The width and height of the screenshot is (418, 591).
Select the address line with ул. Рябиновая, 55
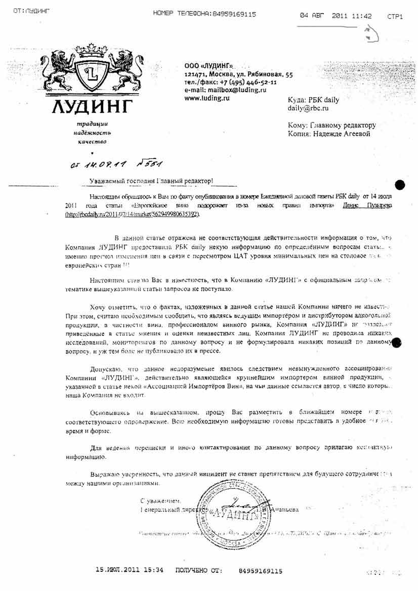(238, 74)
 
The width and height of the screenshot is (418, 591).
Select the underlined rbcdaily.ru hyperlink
(133, 215)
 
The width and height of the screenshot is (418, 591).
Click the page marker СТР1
(395, 17)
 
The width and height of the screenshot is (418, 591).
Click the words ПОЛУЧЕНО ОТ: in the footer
(198, 570)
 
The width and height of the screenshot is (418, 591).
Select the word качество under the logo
(92, 142)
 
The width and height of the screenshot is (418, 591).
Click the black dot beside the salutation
(399, 184)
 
